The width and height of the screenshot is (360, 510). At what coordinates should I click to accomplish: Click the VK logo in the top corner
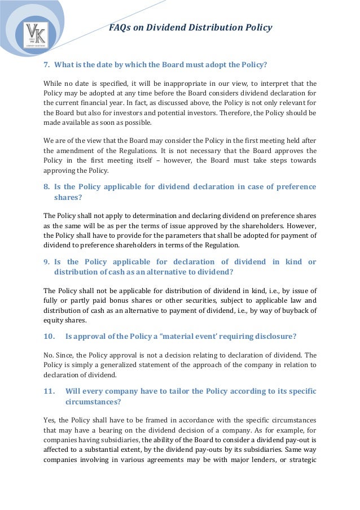[x=36, y=34]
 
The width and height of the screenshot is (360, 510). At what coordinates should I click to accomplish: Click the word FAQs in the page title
[x=120, y=27]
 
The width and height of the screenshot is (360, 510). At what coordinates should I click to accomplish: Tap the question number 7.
[x=47, y=64]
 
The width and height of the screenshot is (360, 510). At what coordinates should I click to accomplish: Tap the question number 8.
[x=47, y=187]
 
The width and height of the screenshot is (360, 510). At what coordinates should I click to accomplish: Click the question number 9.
[x=47, y=262]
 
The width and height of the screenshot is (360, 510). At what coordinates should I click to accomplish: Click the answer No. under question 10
[x=49, y=355]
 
